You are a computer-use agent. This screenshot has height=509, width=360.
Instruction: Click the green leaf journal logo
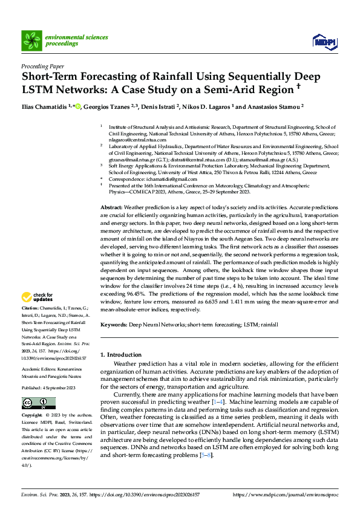pyautogui.click(x=31, y=40)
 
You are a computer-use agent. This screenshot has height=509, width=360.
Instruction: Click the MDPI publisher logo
pyautogui.click(x=324, y=41)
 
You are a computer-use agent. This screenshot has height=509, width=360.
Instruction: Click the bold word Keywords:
pyautogui.click(x=114, y=325)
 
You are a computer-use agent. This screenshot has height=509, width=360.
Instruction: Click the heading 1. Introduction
pyautogui.click(x=120, y=354)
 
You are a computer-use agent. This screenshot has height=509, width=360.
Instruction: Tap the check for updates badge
pyautogui.click(x=38, y=297)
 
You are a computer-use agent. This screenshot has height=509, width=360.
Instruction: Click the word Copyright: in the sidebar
pyautogui.click(x=32, y=417)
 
